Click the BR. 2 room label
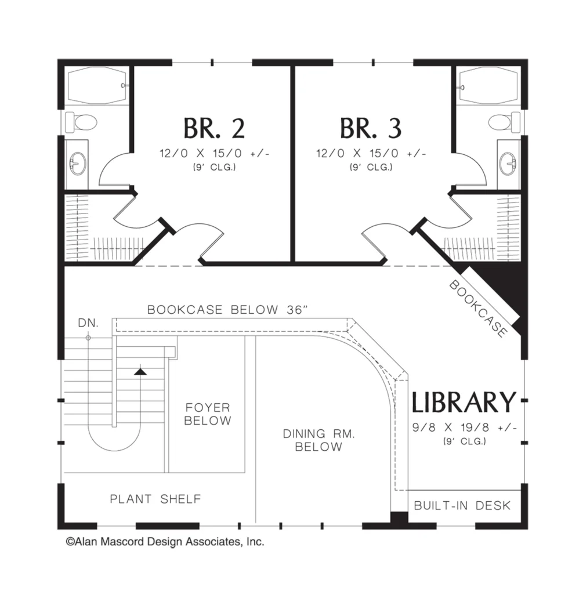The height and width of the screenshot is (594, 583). [214, 128]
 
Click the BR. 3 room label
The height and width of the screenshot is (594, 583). [371, 128]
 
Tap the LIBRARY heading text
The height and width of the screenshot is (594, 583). [464, 402]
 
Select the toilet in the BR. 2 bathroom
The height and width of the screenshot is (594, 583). [81, 122]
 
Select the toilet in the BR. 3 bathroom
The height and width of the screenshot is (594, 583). [504, 122]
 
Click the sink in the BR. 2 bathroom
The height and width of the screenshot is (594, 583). [78, 163]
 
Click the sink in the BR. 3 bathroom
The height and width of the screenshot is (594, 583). [508, 163]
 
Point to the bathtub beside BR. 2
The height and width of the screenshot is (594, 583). [97, 86]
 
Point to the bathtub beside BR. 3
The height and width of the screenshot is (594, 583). [488, 86]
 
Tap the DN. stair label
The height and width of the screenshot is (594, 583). [88, 323]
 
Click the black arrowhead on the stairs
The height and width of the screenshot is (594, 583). [140, 372]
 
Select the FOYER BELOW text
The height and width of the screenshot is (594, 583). [208, 414]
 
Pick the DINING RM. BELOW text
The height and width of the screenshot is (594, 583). [318, 440]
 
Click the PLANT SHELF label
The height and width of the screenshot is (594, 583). [155, 499]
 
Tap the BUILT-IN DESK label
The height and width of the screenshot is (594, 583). [462, 505]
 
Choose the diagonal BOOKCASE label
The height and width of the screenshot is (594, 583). [478, 309]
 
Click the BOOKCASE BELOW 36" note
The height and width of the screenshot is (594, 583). [227, 310]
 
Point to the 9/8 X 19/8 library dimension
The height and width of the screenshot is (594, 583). [465, 428]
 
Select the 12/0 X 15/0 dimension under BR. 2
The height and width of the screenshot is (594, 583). [215, 153]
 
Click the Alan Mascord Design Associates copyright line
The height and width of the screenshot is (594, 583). [165, 542]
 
